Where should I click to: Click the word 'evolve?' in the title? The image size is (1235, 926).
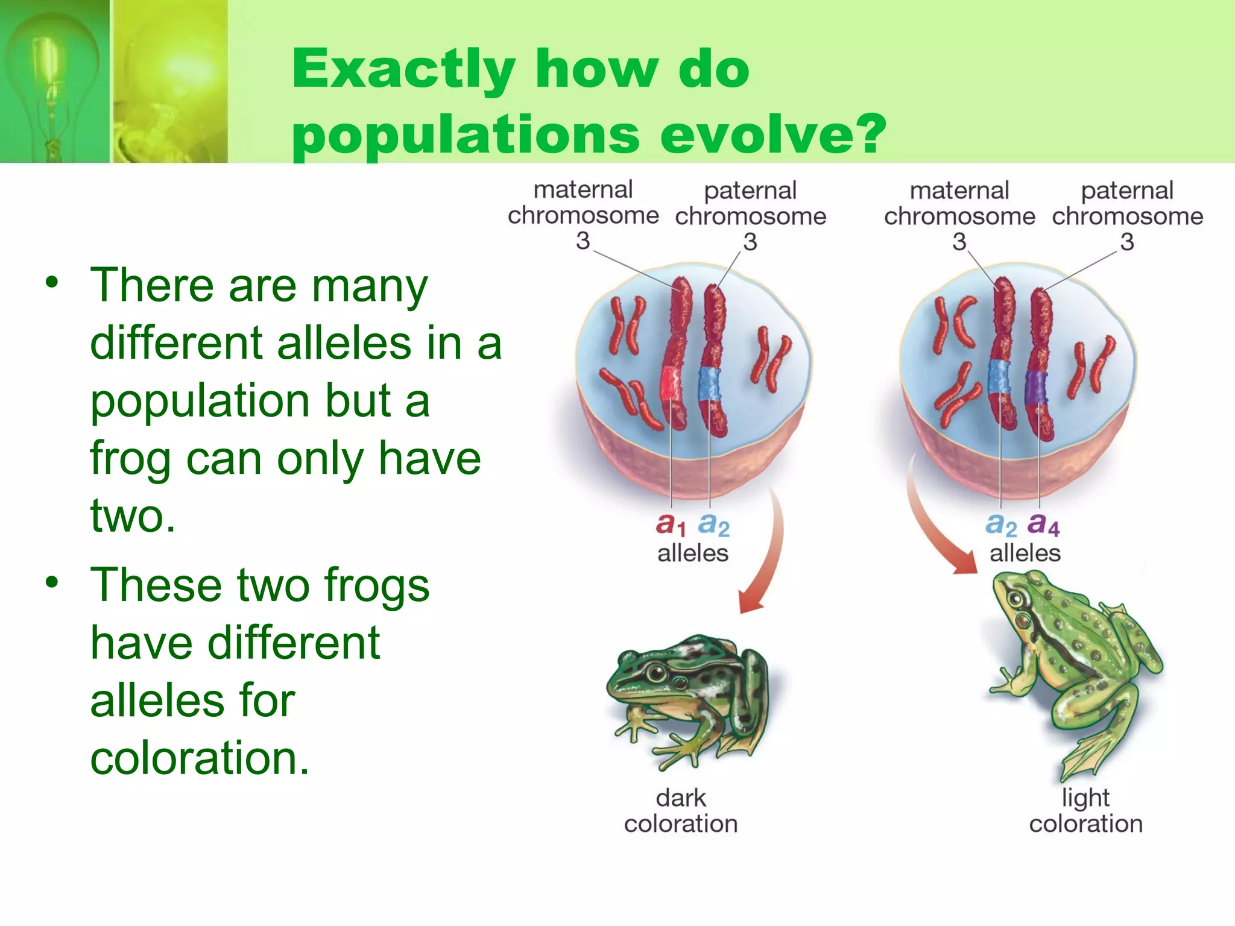773,134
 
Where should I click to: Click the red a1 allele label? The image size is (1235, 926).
670,524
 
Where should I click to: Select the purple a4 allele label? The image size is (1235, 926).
1043,524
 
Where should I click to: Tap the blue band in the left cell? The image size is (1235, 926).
709,383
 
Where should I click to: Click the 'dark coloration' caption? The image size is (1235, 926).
681,811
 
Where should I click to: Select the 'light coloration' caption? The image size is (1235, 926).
1085,811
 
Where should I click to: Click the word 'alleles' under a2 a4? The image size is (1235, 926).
1025,553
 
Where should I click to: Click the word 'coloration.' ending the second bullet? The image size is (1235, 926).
200,758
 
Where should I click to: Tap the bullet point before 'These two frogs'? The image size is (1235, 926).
52,582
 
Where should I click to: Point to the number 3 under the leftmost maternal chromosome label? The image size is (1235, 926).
583,241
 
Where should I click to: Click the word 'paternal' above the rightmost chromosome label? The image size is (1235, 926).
1126,191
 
